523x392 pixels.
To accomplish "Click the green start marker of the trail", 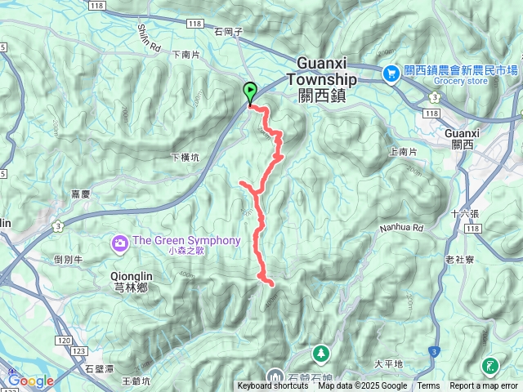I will pyautogui.click(x=249, y=93).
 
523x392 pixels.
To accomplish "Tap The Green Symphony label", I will pyautogui.click(x=186, y=241).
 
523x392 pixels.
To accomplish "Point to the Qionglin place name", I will pyautogui.click(x=131, y=277).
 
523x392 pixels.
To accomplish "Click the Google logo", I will pyautogui.click(x=31, y=381).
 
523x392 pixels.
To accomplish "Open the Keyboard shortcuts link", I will pyautogui.click(x=273, y=386).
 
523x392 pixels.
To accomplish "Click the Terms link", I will pyautogui.click(x=428, y=386).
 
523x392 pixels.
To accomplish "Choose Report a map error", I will pyautogui.click(x=483, y=386).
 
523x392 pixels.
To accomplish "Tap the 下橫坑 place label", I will pyautogui.click(x=185, y=157).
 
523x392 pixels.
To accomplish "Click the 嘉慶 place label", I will pyautogui.click(x=80, y=194).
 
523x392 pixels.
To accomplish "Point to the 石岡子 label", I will pyautogui.click(x=229, y=32).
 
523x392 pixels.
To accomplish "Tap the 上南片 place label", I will pyautogui.click(x=404, y=152).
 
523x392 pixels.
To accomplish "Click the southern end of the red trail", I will pyautogui.click(x=270, y=283).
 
